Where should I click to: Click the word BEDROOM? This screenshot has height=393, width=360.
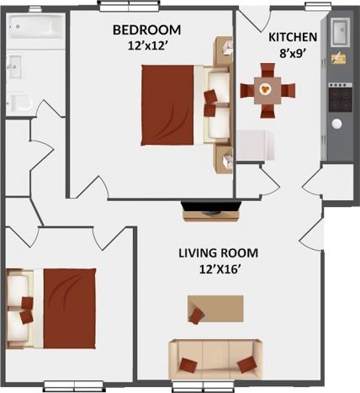146,30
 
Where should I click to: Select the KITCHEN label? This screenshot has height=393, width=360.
292,37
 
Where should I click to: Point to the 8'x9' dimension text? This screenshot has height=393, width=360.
293,52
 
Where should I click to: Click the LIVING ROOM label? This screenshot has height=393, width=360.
218,252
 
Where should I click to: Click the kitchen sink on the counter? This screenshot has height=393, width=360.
340,32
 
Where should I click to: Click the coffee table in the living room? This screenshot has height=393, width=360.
216,309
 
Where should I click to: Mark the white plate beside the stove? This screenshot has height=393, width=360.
336,124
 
